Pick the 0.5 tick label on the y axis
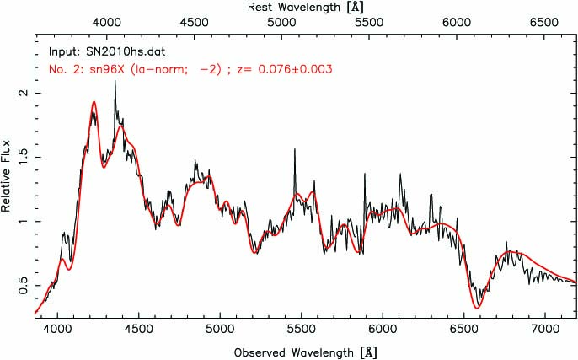23,287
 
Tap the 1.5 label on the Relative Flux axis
23,157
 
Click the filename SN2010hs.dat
117,51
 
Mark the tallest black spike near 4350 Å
115,105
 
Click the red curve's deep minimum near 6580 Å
479,307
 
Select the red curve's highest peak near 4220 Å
94,103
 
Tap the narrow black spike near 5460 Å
294,150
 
